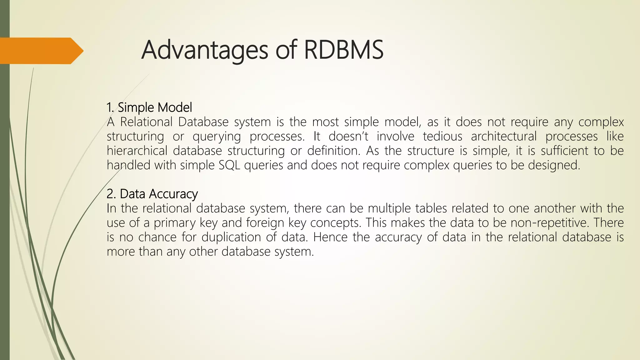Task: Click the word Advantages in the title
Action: (x=204, y=50)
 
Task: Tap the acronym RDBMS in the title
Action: (x=343, y=50)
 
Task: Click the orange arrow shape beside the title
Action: (x=41, y=51)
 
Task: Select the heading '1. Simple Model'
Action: (x=149, y=107)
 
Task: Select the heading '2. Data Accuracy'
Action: (x=152, y=194)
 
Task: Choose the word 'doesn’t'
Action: (x=348, y=136)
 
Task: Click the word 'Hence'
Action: (x=330, y=237)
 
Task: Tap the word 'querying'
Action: (x=217, y=136)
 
